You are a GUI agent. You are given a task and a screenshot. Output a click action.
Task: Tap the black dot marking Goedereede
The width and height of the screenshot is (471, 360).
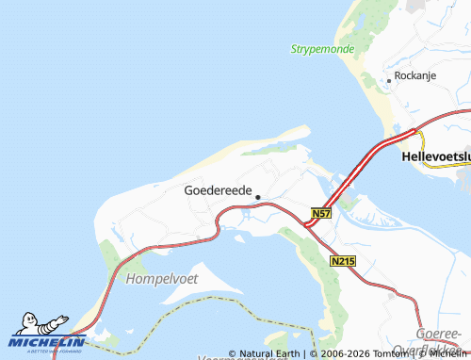click(257, 198)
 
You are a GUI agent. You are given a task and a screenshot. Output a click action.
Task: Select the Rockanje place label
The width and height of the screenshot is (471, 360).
click(415, 75)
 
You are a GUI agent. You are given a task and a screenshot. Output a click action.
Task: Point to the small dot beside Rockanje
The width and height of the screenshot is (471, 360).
click(389, 81)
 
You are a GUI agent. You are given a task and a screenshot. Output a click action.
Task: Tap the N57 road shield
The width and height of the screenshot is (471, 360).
click(321, 215)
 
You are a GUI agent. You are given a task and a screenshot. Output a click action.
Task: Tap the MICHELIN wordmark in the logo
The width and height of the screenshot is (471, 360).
click(47, 341)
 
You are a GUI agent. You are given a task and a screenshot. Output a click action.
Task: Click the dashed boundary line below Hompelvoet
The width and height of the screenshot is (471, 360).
click(188, 303)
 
